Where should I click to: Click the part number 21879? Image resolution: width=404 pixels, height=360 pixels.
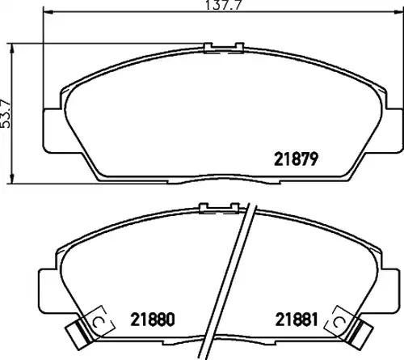pos(296,159)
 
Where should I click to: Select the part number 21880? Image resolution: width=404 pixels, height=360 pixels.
pos(153,320)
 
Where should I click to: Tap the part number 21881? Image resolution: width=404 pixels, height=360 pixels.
pos(297,320)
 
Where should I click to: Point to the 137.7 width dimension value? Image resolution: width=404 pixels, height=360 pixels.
pos(224,5)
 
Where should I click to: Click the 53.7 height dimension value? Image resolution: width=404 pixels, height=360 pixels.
pos(6,113)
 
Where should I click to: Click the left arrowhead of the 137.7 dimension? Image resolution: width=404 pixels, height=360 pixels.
pos(48,11)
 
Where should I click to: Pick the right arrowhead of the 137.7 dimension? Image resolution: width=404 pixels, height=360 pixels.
pos(399,11)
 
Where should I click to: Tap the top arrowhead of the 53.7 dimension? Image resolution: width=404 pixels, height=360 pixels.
pos(11,48)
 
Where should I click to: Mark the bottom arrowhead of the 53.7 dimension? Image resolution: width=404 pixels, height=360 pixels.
pos(11,179)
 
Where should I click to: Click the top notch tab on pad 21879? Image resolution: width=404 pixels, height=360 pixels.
pos(224,48)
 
